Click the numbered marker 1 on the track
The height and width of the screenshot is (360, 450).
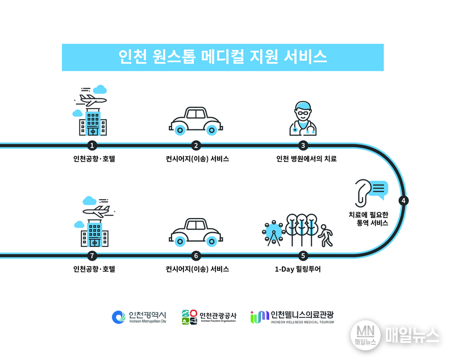coord(92,145)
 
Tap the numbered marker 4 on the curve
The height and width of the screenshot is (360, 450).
coord(403,200)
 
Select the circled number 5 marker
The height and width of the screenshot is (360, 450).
coord(303,256)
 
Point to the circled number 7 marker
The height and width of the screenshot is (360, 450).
coord(92,256)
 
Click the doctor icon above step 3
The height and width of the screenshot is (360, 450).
coord(303,118)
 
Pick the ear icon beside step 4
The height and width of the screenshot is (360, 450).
coord(362,193)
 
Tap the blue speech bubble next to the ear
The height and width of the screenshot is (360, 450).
coord(378,190)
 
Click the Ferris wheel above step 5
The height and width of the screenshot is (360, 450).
coord(273,233)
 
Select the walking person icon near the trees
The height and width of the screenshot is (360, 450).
coord(326,236)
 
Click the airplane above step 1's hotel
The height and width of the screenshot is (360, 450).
coord(91,99)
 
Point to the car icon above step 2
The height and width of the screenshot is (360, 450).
coord(196,121)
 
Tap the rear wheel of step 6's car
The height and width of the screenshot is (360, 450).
coord(180,241)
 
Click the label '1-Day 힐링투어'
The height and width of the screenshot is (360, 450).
coord(298,269)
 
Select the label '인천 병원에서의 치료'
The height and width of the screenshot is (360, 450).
coord(306,158)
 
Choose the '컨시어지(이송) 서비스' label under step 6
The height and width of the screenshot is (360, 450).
coord(197,269)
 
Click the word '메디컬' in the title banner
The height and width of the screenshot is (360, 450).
coord(222,57)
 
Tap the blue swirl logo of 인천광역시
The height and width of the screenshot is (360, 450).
coord(119,317)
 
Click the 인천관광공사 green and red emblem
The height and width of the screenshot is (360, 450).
coord(189,317)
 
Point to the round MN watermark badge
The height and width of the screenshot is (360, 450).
coord(365,335)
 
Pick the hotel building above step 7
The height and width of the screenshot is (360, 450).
coord(94,233)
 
